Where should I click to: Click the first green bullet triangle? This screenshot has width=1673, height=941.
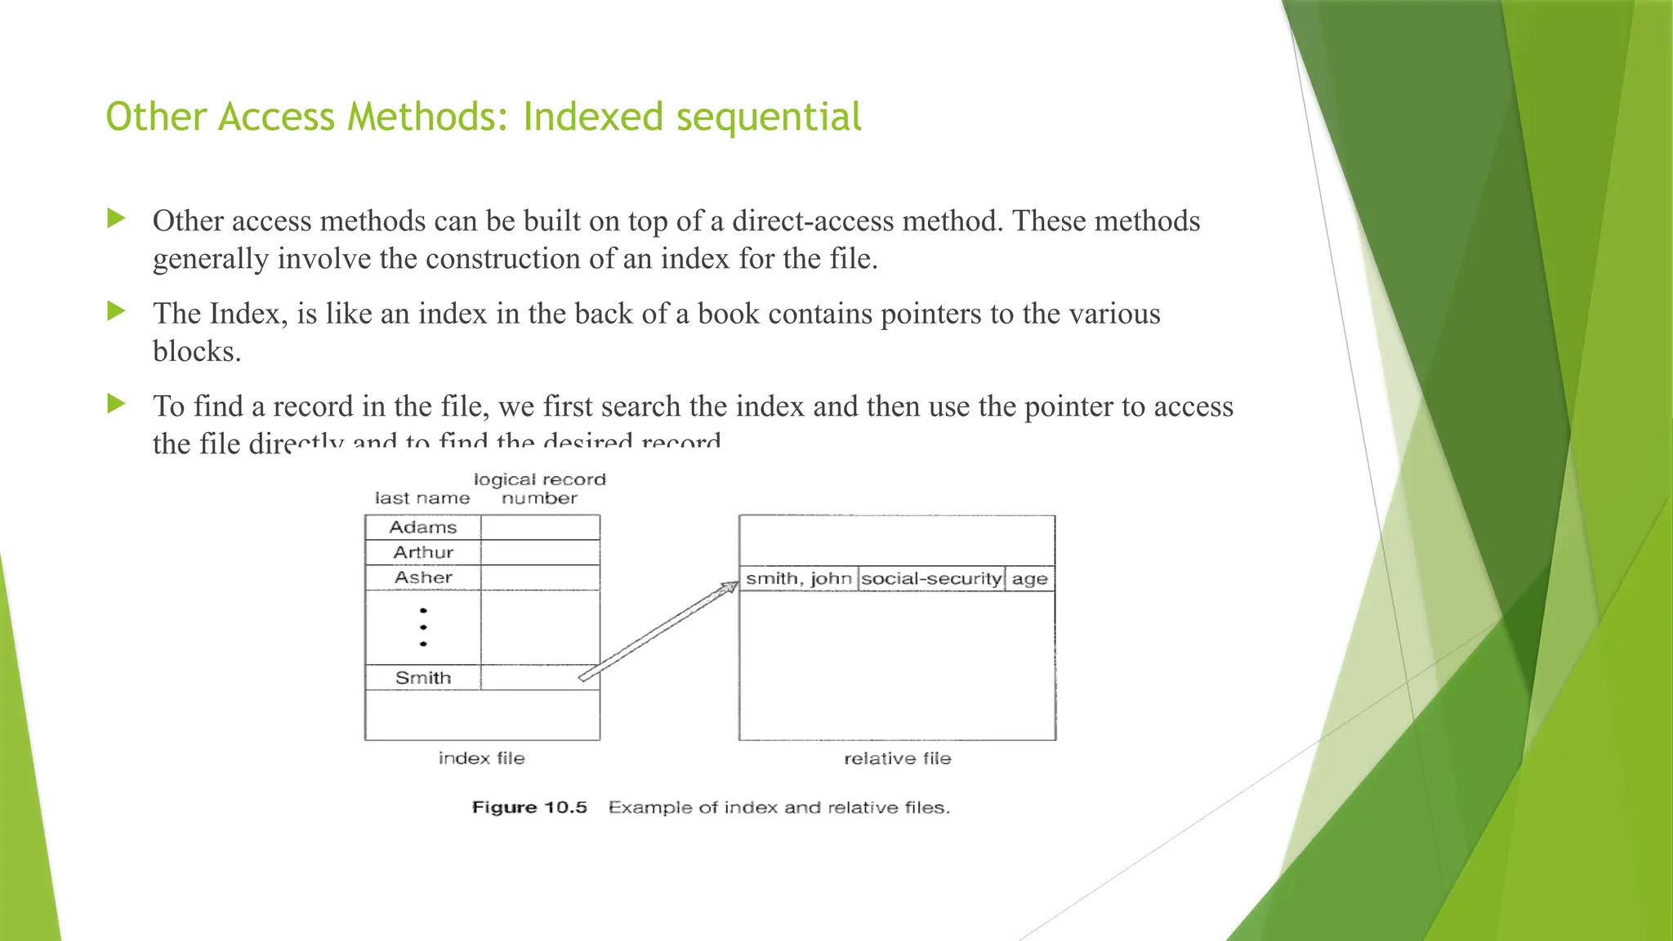pyautogui.click(x=116, y=218)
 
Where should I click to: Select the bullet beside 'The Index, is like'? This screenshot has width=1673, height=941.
pyautogui.click(x=116, y=311)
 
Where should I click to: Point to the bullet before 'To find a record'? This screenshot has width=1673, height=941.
pyautogui.click(x=116, y=404)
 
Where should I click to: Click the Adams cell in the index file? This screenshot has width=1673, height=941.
pyautogui.click(x=422, y=528)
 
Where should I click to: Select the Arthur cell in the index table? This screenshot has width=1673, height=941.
pyautogui.click(x=422, y=553)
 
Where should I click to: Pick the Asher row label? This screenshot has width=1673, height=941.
pyautogui.click(x=422, y=578)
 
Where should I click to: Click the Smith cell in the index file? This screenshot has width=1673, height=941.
pyautogui.click(x=422, y=678)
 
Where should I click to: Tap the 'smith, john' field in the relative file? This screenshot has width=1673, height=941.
pyautogui.click(x=798, y=579)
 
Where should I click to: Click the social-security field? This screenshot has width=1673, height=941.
pyautogui.click(x=931, y=579)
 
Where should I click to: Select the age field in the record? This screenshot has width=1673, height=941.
pyautogui.click(x=1029, y=579)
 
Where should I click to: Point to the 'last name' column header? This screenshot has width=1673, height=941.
pyautogui.click(x=422, y=498)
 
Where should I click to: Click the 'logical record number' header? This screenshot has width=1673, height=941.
pyautogui.click(x=540, y=488)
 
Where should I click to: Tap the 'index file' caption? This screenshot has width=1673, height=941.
pyautogui.click(x=481, y=759)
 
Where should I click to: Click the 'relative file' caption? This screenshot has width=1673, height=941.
pyautogui.click(x=897, y=759)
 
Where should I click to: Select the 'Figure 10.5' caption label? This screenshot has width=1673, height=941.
pyautogui.click(x=529, y=808)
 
